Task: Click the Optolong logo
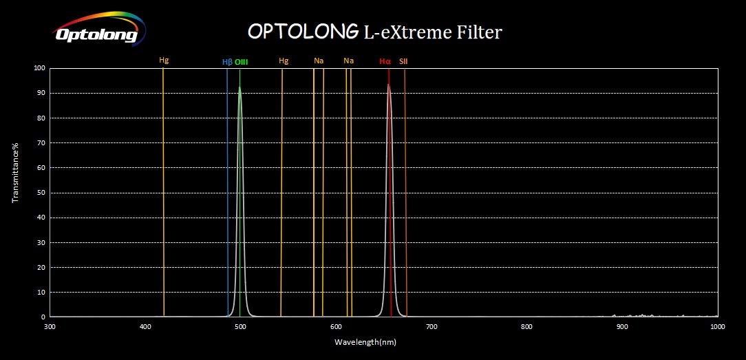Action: [x=96, y=31]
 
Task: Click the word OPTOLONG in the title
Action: [x=302, y=32]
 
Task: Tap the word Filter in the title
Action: [x=481, y=32]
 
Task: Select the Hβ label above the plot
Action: [x=227, y=62]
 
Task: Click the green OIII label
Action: [x=241, y=62]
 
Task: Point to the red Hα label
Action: [x=385, y=61]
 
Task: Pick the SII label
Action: [x=403, y=61]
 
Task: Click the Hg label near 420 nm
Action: [x=164, y=61]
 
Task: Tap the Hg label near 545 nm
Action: [x=284, y=61]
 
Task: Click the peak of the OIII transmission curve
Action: [x=239, y=87]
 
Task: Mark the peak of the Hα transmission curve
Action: [x=389, y=85]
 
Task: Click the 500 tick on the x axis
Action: [x=240, y=326]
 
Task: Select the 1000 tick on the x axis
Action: [x=718, y=326]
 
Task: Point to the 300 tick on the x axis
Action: [x=50, y=326]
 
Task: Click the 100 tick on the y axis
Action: [x=39, y=68]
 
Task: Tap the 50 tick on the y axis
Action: [x=41, y=193]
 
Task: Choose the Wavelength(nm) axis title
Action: [x=365, y=342]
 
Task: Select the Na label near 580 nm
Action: [x=319, y=61]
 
